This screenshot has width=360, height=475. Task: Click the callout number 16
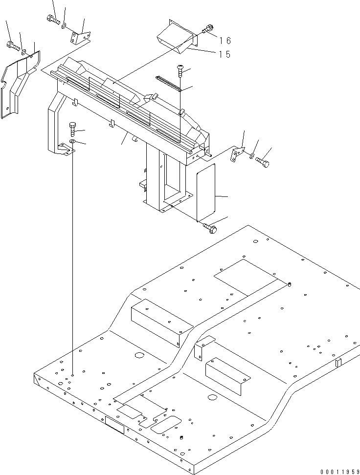[225, 41]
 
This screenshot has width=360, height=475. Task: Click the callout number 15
[225, 54]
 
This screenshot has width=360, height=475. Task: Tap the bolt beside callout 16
[208, 29]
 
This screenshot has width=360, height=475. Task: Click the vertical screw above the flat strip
[180, 71]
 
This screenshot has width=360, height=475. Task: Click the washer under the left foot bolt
[72, 142]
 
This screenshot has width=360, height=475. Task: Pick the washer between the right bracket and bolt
[251, 156]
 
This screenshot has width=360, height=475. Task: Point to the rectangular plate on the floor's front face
[115, 423]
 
